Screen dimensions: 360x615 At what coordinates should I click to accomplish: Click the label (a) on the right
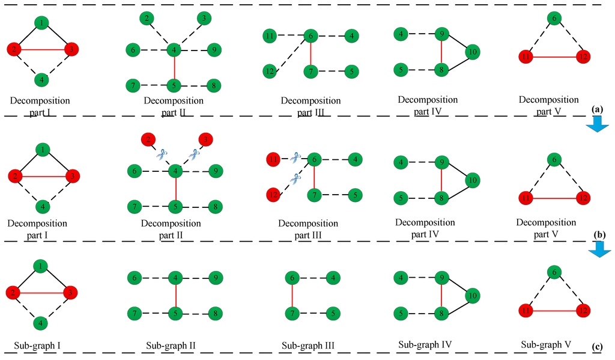point(596,110)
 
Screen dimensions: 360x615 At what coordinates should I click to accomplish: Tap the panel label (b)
point(596,235)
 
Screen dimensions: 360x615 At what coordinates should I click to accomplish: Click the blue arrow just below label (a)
point(598,123)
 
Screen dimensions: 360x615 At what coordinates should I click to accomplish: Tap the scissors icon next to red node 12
point(294,178)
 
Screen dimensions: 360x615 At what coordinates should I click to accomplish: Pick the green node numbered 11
point(270,37)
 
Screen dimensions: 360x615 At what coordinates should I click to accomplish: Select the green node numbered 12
point(270,72)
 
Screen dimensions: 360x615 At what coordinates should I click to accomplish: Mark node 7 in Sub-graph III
point(292,313)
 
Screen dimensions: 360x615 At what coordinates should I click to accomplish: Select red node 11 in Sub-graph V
point(526,310)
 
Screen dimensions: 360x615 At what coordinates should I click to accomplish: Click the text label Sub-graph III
point(308,346)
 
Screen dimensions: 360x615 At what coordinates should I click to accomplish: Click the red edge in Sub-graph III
point(292,296)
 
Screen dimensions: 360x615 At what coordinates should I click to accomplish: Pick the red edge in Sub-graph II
point(175,296)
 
